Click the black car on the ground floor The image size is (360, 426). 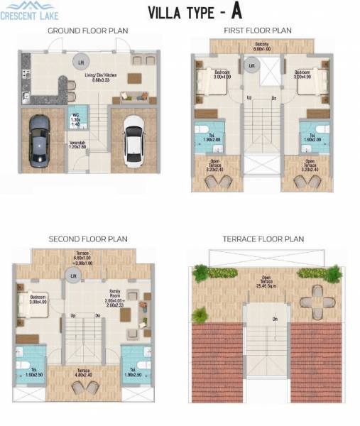click(x=39, y=139)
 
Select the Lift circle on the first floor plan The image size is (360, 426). click(x=250, y=65)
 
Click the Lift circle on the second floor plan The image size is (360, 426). click(x=72, y=274)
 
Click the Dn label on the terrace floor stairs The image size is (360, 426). click(x=275, y=318)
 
